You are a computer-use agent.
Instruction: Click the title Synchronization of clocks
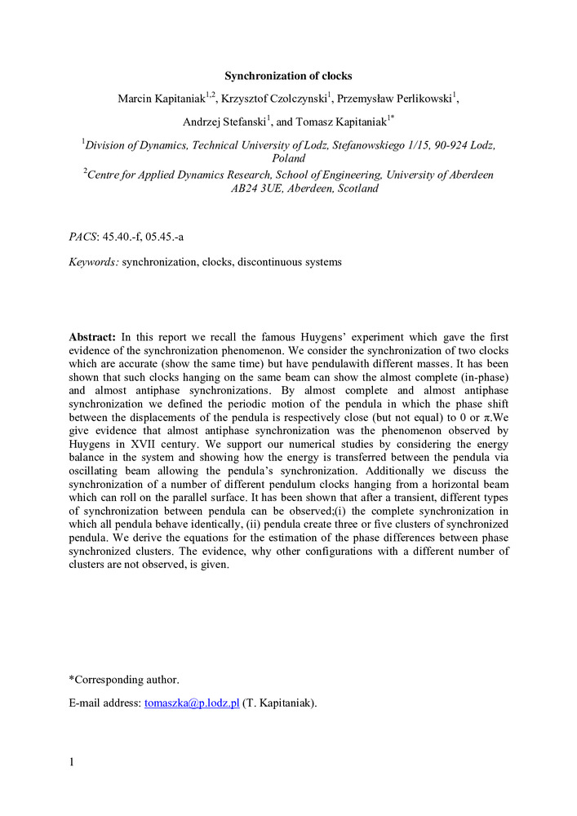(x=288, y=76)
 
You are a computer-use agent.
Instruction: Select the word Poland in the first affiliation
(x=288, y=158)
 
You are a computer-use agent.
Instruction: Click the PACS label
(x=82, y=237)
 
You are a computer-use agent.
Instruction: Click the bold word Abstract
(x=93, y=336)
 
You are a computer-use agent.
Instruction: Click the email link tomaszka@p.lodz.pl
(x=191, y=703)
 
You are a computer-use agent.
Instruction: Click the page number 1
(x=72, y=762)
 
